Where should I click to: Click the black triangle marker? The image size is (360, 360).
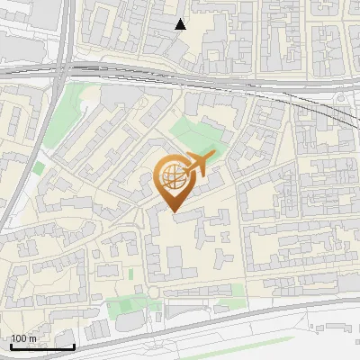point(181,24)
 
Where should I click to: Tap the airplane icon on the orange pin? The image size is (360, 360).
point(199,162)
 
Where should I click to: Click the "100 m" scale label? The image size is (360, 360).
point(24,338)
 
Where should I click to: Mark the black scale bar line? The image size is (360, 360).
point(42,346)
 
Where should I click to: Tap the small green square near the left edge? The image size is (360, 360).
point(39,167)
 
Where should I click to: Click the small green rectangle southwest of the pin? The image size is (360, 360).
point(131,273)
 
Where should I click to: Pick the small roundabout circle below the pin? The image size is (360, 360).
point(154,292)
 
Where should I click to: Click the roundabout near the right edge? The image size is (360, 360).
point(343,95)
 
